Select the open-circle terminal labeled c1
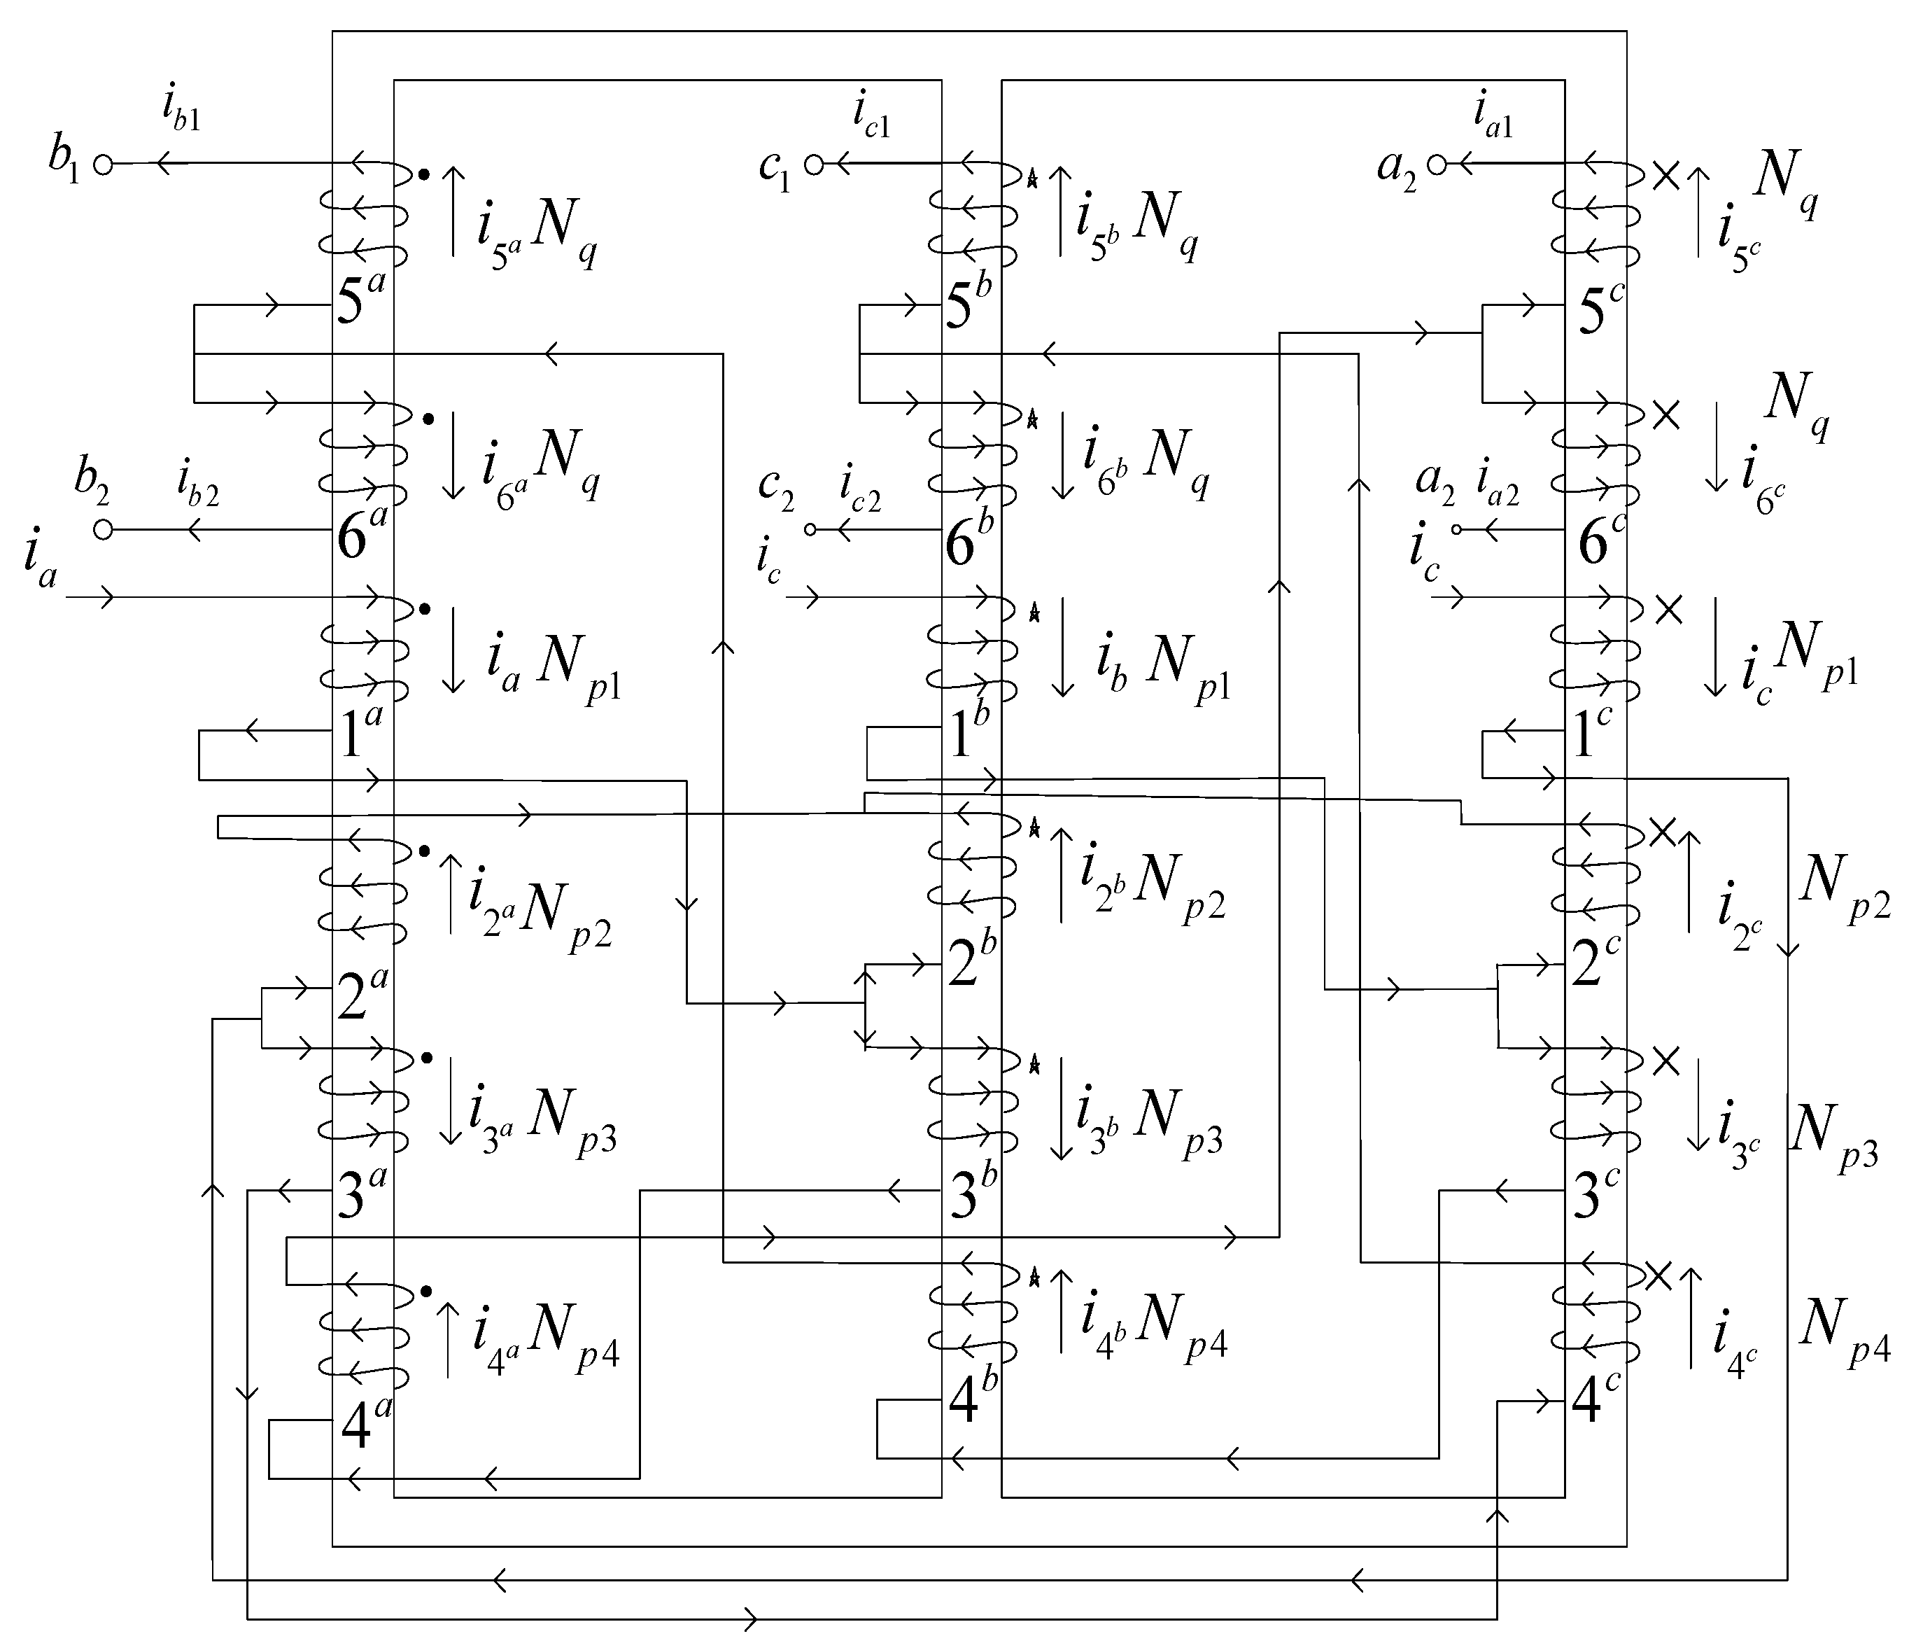(x=813, y=165)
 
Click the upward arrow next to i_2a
(x=451, y=893)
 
